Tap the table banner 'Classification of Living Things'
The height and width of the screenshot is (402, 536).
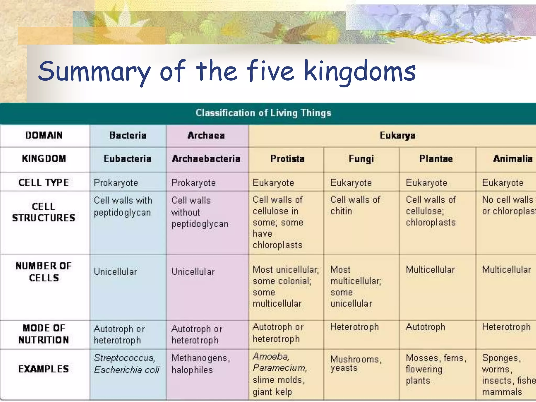click(263, 113)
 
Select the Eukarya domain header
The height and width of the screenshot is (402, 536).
click(397, 136)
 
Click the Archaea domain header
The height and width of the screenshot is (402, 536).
click(206, 136)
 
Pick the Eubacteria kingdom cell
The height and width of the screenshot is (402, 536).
click(127, 159)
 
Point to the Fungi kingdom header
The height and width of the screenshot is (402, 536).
click(361, 159)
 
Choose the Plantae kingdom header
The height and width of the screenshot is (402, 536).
click(436, 159)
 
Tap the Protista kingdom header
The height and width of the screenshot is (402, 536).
click(287, 159)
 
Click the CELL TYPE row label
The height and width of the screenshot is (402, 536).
click(44, 182)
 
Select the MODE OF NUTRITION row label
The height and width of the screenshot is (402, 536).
click(44, 334)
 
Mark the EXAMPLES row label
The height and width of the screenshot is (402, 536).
click(44, 369)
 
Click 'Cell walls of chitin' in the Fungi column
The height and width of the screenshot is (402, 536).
click(355, 205)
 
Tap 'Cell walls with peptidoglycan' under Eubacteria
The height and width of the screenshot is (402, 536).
click(123, 206)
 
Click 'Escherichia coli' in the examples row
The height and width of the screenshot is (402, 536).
click(127, 370)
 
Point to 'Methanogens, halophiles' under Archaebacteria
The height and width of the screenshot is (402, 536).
click(200, 364)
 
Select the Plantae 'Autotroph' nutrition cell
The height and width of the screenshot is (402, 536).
click(425, 327)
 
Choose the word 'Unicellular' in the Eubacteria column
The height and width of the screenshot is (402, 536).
click(115, 272)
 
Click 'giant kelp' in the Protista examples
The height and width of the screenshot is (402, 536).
click(272, 392)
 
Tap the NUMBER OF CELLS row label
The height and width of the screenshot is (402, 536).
click(44, 272)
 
